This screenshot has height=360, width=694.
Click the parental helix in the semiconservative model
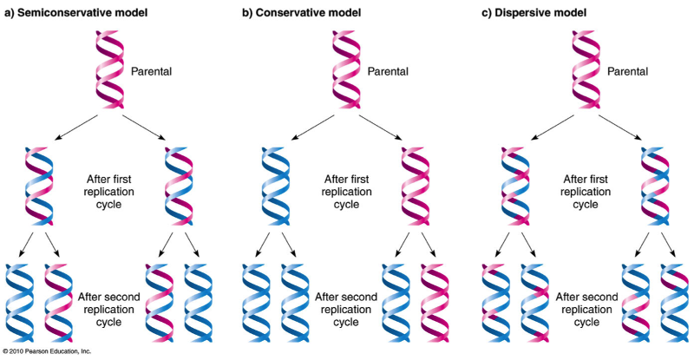[x=110, y=69]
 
